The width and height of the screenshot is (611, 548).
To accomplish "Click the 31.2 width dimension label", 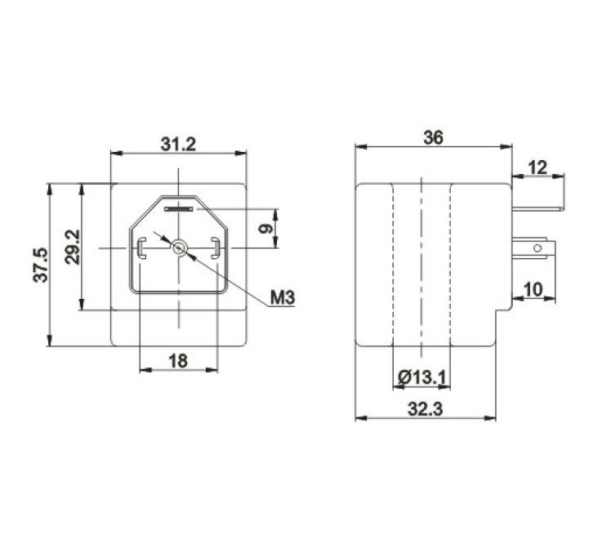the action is tap(178, 145).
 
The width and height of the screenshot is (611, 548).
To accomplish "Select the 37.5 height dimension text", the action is tap(41, 265).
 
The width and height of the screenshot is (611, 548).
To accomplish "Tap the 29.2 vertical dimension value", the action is tap(73, 247).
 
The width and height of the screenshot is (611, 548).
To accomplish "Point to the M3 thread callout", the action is tap(283, 298).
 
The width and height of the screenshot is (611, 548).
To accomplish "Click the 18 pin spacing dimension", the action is tap(178, 361).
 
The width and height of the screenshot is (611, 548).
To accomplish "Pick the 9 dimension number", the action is tap(265, 229).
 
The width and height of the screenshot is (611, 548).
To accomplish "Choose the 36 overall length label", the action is tap(433, 137).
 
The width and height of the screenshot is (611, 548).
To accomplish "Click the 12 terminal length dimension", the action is tap(537, 167).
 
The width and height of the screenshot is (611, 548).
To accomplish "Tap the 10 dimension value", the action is tap(533, 289).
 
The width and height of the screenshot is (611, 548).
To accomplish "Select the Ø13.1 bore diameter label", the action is tap(421, 377).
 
